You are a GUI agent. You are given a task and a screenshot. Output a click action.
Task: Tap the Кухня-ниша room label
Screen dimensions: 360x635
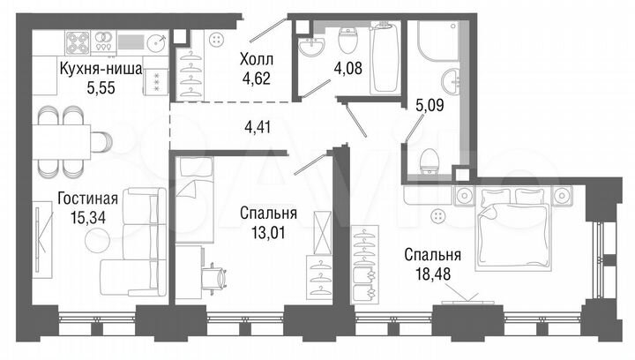(x=97, y=68)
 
